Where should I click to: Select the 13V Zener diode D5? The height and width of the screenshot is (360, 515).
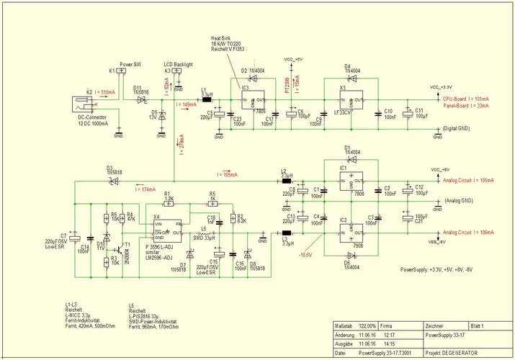tap(162, 114)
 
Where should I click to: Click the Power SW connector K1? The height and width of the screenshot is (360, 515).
tap(122, 71)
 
